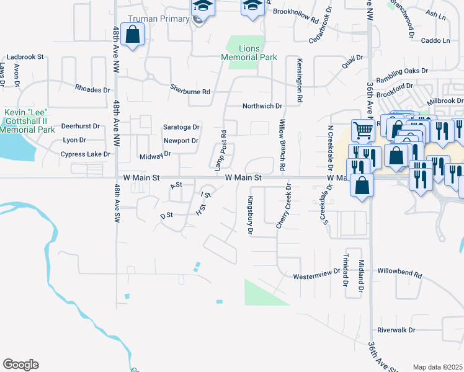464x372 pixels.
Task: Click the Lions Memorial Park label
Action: (249, 53)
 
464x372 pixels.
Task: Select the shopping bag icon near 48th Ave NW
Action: (133, 35)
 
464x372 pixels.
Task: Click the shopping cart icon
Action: (363, 130)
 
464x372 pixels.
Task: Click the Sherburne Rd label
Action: (190, 92)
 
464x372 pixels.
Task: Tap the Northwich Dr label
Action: (262, 106)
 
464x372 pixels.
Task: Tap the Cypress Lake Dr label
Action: (85, 154)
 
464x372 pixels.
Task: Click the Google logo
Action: (20, 365)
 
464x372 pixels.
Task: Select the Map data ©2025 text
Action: (437, 367)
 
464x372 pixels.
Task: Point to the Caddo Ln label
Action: (435, 41)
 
